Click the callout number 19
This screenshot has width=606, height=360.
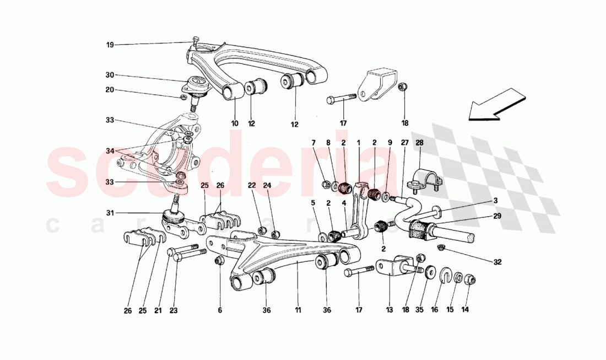110,45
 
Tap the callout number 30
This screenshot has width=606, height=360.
110,75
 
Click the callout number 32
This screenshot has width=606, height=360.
497,262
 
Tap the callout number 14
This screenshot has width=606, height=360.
465,310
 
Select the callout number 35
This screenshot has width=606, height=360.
419,310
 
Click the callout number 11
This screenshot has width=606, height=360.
297,310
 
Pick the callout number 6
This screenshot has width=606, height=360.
219,310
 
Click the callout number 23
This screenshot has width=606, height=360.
174,310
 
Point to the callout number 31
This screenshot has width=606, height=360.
110,213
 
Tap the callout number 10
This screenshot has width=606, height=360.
235,123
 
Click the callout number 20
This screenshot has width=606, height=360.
110,90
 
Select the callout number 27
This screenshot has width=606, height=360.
404,143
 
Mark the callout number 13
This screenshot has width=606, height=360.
389,310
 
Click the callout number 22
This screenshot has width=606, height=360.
251,186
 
